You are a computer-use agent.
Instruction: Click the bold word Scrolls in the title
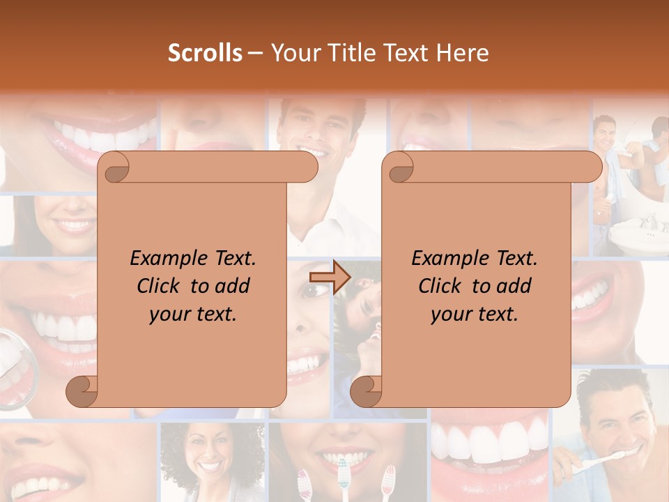(205, 53)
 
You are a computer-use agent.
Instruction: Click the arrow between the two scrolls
(330, 277)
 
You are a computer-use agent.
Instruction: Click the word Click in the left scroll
(160, 286)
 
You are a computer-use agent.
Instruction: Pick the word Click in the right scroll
(441, 286)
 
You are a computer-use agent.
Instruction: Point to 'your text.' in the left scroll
(193, 314)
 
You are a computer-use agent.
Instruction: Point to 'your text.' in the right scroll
(475, 314)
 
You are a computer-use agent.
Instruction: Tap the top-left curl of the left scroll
(114, 167)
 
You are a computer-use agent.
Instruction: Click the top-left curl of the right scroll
(398, 167)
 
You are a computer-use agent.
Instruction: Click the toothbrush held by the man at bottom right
(605, 460)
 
